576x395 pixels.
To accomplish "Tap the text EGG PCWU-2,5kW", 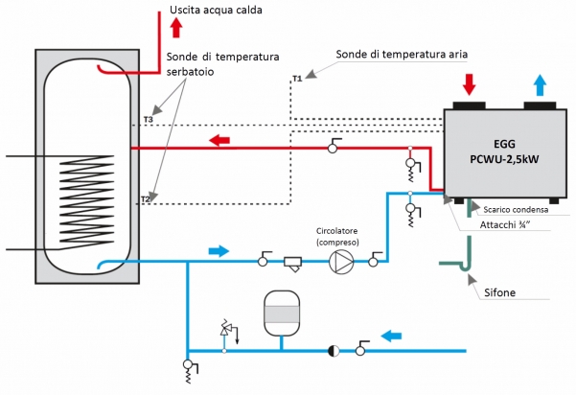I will point(500,151).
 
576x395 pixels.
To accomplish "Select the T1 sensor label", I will point(296,78).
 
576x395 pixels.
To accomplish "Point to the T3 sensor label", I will point(147,120).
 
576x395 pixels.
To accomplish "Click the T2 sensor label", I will point(146,198).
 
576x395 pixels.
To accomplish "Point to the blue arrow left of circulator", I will point(219,251).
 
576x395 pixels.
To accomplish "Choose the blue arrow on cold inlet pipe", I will point(393,336).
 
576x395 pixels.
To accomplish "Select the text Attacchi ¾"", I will point(505,226).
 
